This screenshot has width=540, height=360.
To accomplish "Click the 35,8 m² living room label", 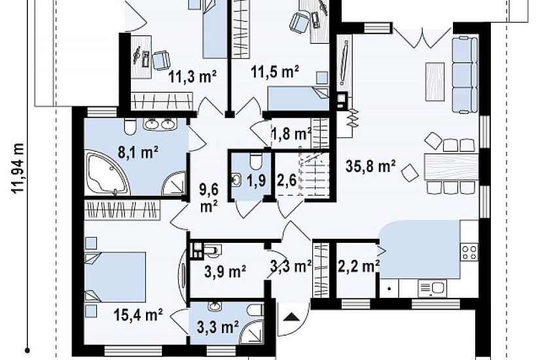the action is [x=370, y=166].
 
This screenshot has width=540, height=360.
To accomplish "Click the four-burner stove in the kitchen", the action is [x=469, y=252].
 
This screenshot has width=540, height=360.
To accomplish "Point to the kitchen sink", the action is [x=432, y=287].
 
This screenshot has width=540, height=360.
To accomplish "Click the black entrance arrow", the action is [x=291, y=316].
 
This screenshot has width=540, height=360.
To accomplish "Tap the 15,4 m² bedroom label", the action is [x=138, y=315].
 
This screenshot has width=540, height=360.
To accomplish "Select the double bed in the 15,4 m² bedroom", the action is [x=115, y=278].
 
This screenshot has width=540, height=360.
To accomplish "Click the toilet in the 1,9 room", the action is [x=256, y=161].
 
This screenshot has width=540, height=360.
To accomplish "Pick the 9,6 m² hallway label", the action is [x=209, y=198].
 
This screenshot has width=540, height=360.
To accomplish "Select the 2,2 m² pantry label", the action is [x=358, y=266].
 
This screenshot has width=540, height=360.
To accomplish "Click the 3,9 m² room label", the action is [x=225, y=272].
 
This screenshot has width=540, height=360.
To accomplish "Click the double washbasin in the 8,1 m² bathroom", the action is [x=160, y=124].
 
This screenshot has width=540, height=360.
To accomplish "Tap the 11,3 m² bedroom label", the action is [x=192, y=76].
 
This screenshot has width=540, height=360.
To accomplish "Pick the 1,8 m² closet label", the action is [x=291, y=134].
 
